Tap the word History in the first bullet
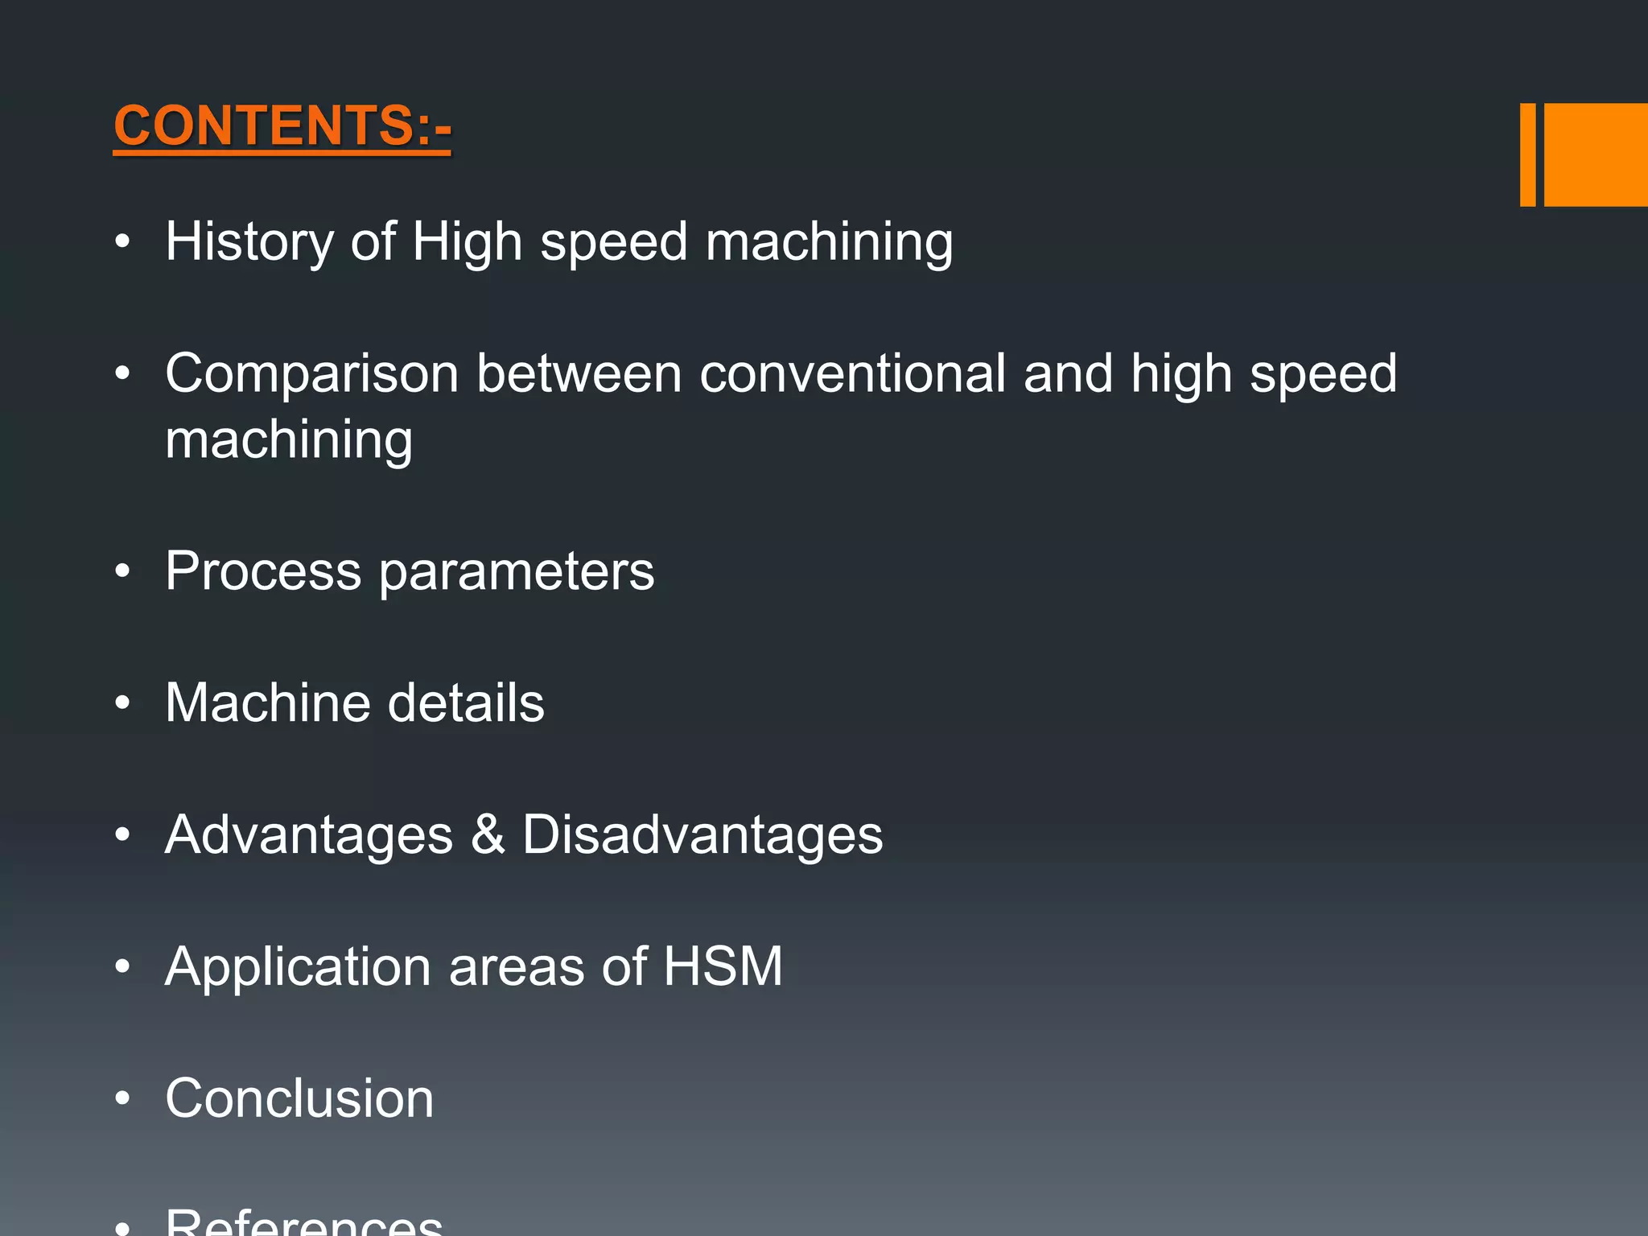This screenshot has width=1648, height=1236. [249, 241]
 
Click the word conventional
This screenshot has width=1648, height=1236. [852, 373]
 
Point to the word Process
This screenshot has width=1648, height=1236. [263, 571]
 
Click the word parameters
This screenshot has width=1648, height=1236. [517, 571]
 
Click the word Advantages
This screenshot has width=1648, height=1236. [309, 834]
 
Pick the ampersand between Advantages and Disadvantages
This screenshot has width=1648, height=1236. [488, 834]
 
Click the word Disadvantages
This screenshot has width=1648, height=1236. [702, 834]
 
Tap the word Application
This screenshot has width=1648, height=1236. [298, 966]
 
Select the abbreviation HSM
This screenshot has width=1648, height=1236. [723, 966]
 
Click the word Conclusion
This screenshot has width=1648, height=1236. [299, 1098]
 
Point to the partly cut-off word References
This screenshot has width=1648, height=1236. [303, 1222]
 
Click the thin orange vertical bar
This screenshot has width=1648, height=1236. [1527, 154]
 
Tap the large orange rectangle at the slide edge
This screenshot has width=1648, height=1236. [1596, 154]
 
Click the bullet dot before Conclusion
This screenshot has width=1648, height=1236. [122, 1098]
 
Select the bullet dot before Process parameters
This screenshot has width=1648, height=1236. [122, 571]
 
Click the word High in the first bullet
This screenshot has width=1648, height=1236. [467, 241]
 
